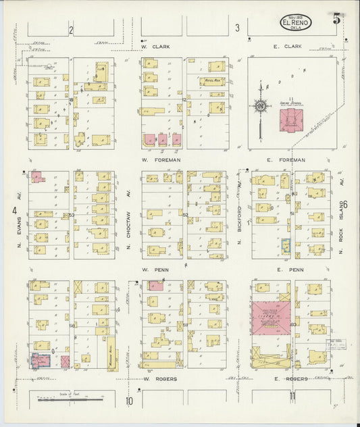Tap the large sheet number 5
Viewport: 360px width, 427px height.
[336, 18]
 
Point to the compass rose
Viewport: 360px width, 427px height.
[261, 105]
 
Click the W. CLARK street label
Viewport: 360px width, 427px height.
[155, 47]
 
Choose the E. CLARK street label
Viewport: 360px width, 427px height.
[286, 47]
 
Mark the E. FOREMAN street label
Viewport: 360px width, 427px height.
[287, 159]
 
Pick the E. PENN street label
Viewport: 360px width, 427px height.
[286, 269]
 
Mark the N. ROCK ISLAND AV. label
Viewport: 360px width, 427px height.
[342, 216]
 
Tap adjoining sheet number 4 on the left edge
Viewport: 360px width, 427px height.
[14, 211]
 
